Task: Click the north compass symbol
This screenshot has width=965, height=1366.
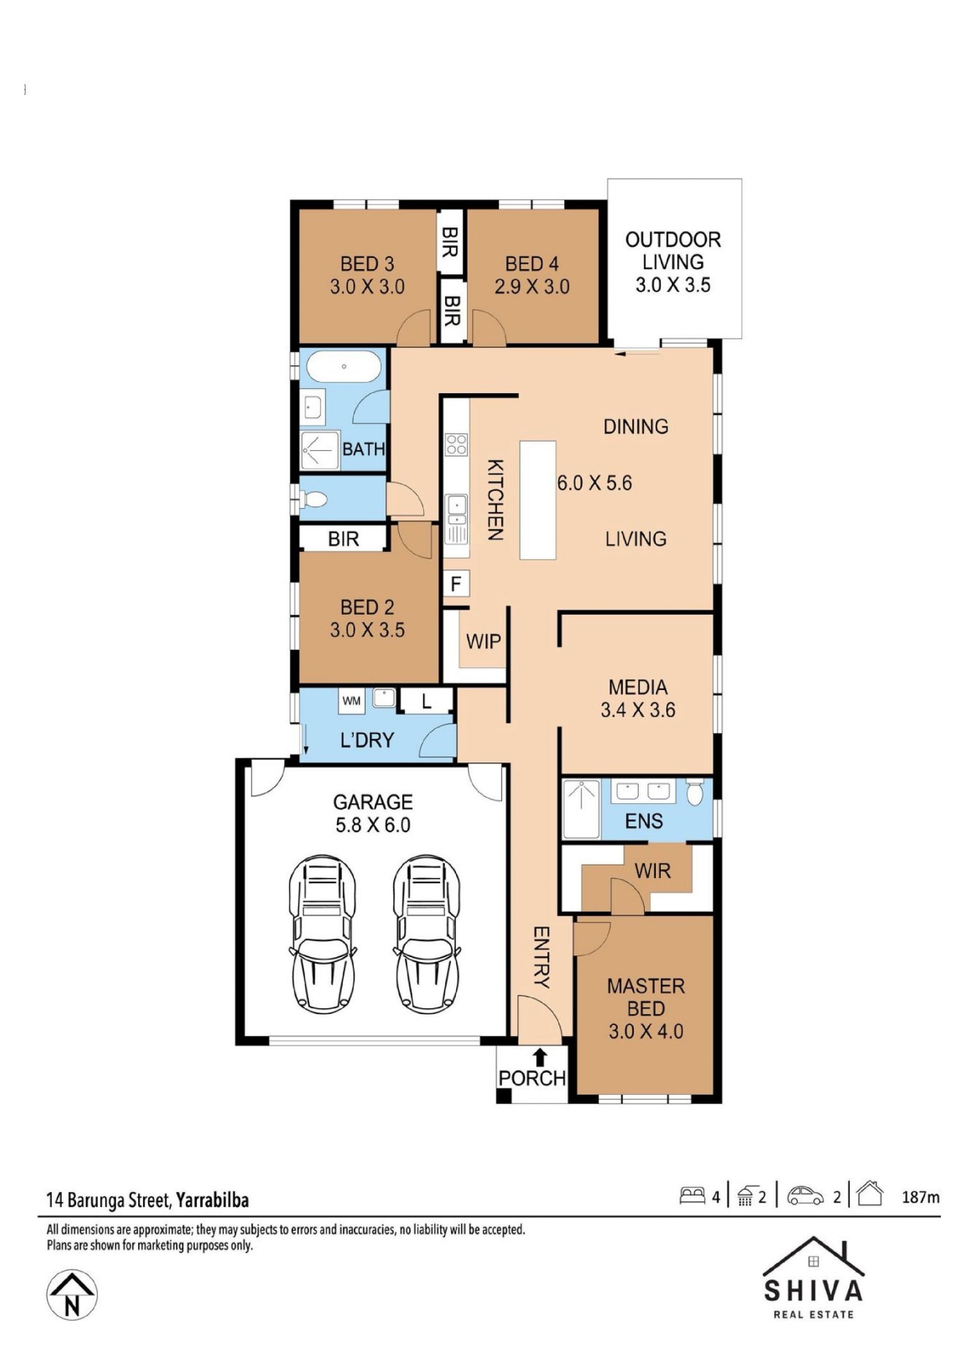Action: pos(72,1295)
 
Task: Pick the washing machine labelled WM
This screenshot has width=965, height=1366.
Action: pos(351,701)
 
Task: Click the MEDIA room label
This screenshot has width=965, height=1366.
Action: pos(638,687)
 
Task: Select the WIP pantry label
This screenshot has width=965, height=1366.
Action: pos(484,641)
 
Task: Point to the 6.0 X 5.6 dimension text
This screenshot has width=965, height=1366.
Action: pos(595,482)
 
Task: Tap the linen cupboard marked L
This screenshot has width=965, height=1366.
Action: pos(426,702)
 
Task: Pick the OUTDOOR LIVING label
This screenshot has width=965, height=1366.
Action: pos(673,251)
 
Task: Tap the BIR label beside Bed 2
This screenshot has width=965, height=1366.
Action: pos(344,539)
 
